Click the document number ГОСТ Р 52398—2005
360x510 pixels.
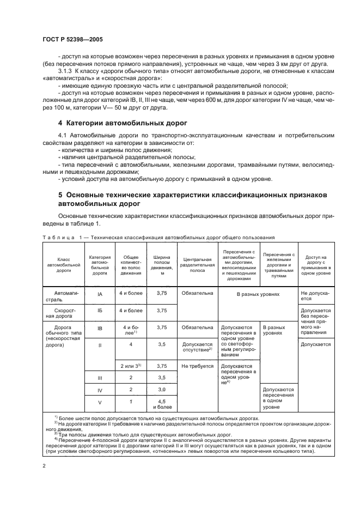(72, 40)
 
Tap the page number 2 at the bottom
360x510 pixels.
(44, 466)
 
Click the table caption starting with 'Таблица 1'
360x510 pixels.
(158, 237)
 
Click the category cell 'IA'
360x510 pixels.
(100, 294)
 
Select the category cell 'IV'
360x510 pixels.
(100, 390)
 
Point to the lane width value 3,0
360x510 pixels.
(161, 390)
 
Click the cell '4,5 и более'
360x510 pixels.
(161, 404)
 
